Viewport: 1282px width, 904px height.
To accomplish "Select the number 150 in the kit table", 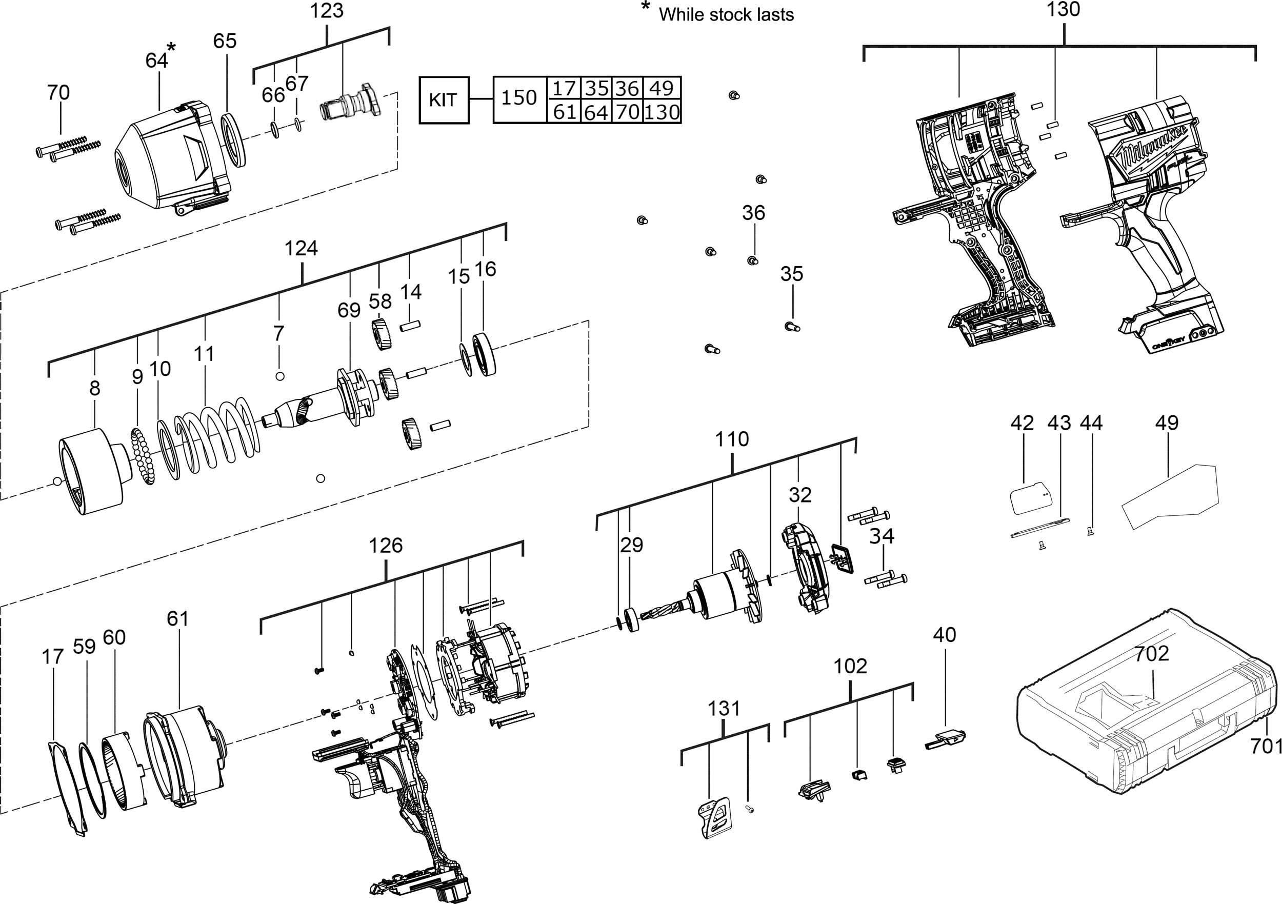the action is [519, 98].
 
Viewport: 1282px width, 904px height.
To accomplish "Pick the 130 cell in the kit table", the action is [662, 112].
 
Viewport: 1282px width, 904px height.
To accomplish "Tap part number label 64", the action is [156, 61].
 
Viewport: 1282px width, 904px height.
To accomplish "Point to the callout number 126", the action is [385, 545].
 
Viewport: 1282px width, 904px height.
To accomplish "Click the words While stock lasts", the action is [726, 14].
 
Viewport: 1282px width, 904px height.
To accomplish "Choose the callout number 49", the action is [1167, 423].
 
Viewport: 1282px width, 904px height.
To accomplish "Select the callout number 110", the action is [732, 439].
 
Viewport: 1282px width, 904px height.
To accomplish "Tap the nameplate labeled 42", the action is [1032, 497].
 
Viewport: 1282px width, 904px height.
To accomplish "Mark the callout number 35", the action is [792, 274].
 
